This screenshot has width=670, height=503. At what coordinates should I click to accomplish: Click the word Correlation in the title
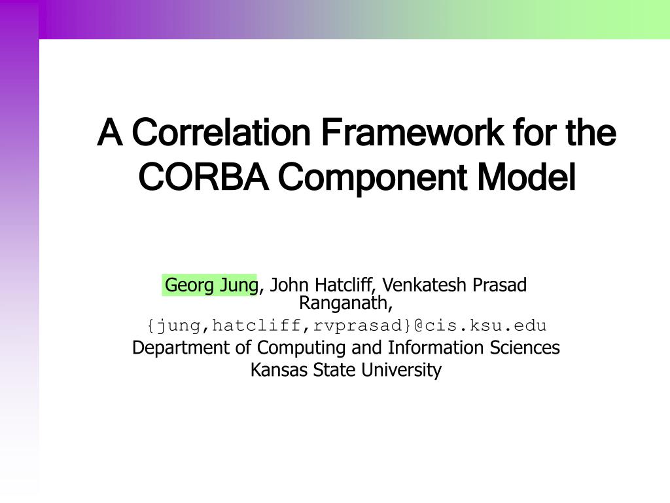pos(221,133)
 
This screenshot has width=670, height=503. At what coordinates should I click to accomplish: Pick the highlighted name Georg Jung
pos(211,286)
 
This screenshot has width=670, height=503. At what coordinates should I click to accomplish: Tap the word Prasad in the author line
pos(499,286)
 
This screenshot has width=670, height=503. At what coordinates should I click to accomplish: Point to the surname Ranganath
pos(345,303)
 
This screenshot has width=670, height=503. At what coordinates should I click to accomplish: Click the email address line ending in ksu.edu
pos(346,326)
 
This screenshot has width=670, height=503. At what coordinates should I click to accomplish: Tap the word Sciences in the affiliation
pos(525,347)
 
